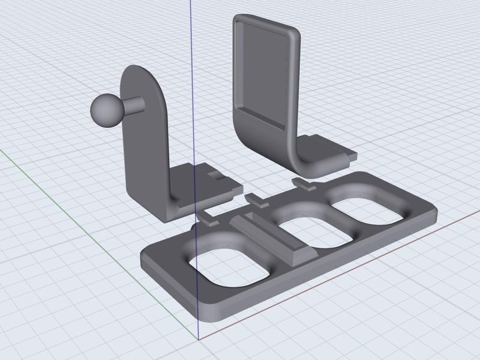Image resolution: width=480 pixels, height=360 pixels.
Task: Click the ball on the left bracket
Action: click(x=107, y=110)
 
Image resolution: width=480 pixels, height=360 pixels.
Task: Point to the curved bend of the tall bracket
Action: click(x=264, y=135)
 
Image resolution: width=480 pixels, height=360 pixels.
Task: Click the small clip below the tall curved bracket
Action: click(x=305, y=183)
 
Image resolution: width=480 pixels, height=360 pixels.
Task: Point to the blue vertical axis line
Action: click(x=191, y=48)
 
